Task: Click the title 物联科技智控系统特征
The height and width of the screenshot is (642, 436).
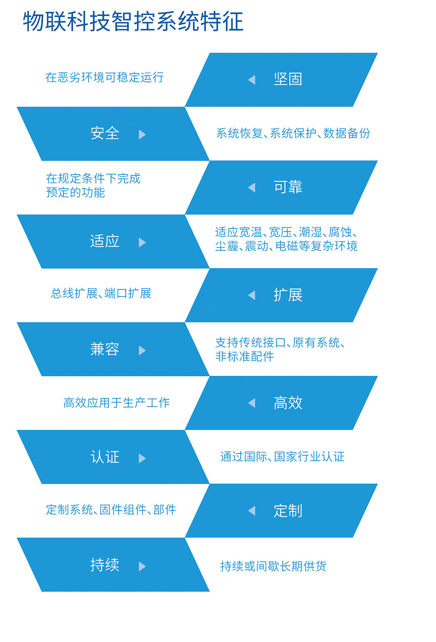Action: click(x=133, y=21)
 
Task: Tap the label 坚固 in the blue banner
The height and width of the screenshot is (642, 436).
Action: click(x=288, y=79)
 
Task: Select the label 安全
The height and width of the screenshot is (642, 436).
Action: click(x=105, y=133)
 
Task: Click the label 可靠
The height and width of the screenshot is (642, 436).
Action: click(x=288, y=187)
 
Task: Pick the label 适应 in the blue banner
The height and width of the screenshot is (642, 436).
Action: click(x=105, y=241)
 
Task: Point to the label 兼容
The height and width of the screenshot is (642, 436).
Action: click(x=105, y=349)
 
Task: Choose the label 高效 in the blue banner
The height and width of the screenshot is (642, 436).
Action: click(x=288, y=403)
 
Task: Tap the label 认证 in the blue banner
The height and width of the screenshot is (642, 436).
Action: click(x=105, y=457)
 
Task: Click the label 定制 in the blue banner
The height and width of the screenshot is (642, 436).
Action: click(x=288, y=511)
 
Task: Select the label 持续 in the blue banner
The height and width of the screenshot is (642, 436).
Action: click(x=105, y=565)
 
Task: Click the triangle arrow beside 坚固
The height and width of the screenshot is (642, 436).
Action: click(x=252, y=80)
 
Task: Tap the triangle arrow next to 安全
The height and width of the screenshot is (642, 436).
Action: click(x=142, y=134)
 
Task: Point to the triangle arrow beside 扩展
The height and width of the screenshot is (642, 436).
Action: click(x=252, y=295)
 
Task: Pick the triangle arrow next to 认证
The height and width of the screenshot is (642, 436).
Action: click(x=142, y=458)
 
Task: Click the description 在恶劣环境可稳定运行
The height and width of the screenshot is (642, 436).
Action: click(x=105, y=77)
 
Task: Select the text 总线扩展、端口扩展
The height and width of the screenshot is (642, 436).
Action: click(x=101, y=293)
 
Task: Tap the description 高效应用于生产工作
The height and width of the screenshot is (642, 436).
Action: click(x=116, y=403)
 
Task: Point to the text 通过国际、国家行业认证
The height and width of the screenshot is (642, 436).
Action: click(x=282, y=457)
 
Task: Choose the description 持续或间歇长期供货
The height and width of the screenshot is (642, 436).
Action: click(x=273, y=566)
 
